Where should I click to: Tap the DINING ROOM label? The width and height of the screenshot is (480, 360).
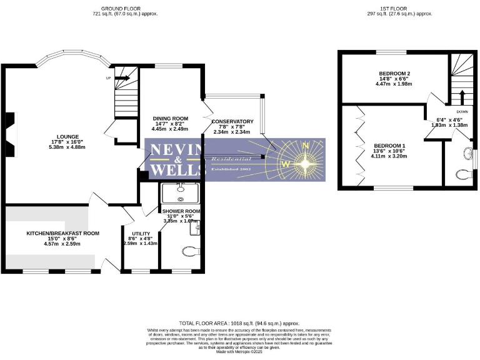click(171, 118)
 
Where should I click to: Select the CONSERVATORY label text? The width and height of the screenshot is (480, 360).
click(232, 121)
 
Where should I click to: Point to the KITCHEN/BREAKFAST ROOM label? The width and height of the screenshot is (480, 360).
click(62, 233)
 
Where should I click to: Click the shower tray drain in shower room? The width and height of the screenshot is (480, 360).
click(180, 199)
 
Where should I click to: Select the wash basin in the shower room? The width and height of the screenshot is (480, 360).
click(196, 229)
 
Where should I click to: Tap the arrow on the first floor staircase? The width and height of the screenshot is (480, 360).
click(461, 96)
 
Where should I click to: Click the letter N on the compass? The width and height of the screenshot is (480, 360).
click(305, 145)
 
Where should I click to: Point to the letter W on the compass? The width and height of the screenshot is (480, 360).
click(286, 164)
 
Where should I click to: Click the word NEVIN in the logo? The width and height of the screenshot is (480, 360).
click(175, 150)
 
